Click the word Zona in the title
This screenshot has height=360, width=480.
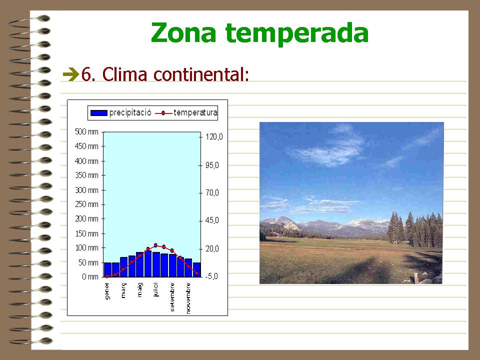pos(183,32)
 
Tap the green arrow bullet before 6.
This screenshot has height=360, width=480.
pos(70,74)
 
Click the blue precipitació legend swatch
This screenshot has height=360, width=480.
pos(99,113)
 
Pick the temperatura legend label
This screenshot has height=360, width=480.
pos(195,112)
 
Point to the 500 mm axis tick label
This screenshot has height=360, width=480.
pos(86,131)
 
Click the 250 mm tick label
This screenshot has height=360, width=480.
pos(86,204)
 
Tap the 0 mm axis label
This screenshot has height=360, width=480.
pos(90,276)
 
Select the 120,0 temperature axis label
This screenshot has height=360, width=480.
pos(214,136)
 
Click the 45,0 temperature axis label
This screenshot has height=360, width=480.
pos(212,220)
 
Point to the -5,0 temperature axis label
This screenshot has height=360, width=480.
pos(211,276)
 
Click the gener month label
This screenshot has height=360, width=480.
pos(107,291)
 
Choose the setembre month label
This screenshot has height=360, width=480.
pos(172,297)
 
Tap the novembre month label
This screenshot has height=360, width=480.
pos(188,298)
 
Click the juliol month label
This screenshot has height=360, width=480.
pos(156,289)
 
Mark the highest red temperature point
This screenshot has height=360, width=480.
pos(155,245)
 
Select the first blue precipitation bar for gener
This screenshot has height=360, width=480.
pos(107,269)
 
